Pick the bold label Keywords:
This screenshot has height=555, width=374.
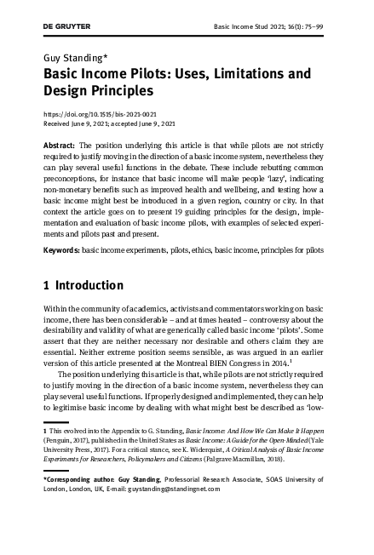61,251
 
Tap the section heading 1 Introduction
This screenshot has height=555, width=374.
83,284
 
